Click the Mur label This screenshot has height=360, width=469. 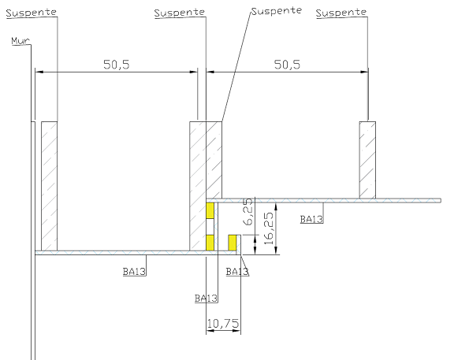pyautogui.click(x=20, y=41)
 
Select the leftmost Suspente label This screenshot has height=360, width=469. pyautogui.click(x=31, y=13)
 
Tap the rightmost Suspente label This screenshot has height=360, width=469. pyautogui.click(x=341, y=13)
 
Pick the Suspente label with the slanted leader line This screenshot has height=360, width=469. pyautogui.click(x=277, y=11)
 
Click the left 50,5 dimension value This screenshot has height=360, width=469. pyautogui.click(x=117, y=65)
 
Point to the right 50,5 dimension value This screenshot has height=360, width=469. pyautogui.click(x=287, y=65)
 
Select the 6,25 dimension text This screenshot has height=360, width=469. pyautogui.click(x=248, y=212)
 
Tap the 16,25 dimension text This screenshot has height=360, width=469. pyautogui.click(x=269, y=228)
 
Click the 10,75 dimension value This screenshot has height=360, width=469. pyautogui.click(x=223, y=324)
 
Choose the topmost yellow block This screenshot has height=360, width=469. pyautogui.click(x=210, y=210)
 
